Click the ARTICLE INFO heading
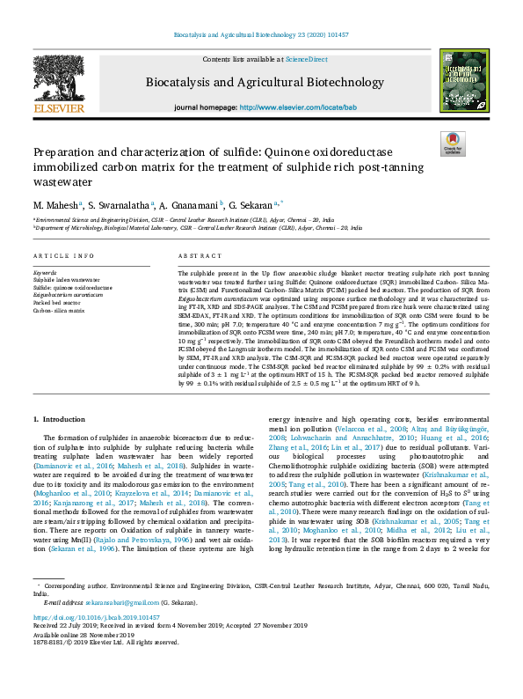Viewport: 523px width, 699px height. [63, 256]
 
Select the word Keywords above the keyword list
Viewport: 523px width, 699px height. [45, 274]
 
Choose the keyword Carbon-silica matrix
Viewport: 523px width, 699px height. [59, 310]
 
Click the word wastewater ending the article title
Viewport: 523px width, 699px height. [64, 181]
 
